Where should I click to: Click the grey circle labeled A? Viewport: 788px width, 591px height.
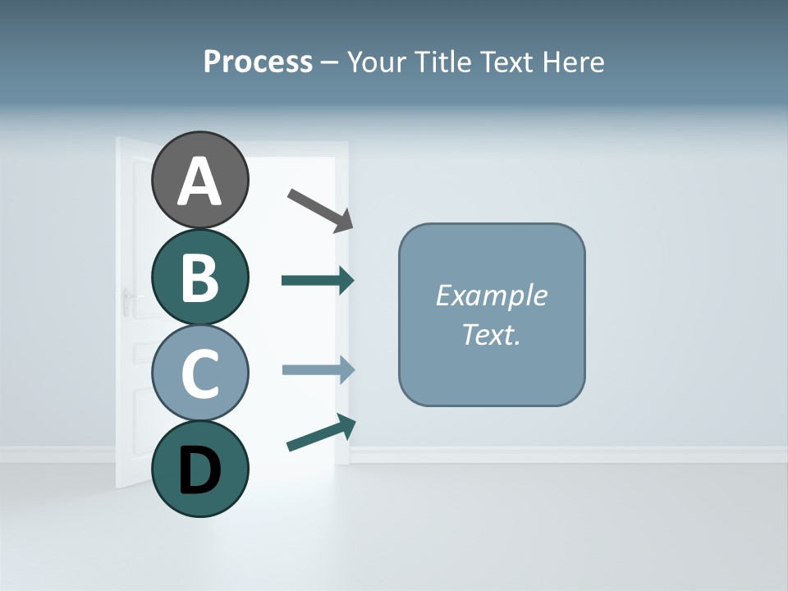click(x=199, y=180)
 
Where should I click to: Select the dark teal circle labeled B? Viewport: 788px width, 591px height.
click(x=199, y=277)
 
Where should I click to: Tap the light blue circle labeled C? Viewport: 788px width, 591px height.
click(x=199, y=373)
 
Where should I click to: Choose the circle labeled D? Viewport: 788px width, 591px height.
click(x=199, y=469)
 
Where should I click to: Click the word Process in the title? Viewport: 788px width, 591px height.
click(x=258, y=62)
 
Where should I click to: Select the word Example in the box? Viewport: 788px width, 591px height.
click(x=491, y=295)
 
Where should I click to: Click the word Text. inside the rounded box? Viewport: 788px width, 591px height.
click(x=491, y=334)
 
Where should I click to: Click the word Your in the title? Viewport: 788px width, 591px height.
click(x=376, y=62)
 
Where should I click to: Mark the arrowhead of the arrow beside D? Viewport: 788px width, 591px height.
click(x=346, y=424)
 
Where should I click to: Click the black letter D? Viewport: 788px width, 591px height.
click(x=199, y=472)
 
